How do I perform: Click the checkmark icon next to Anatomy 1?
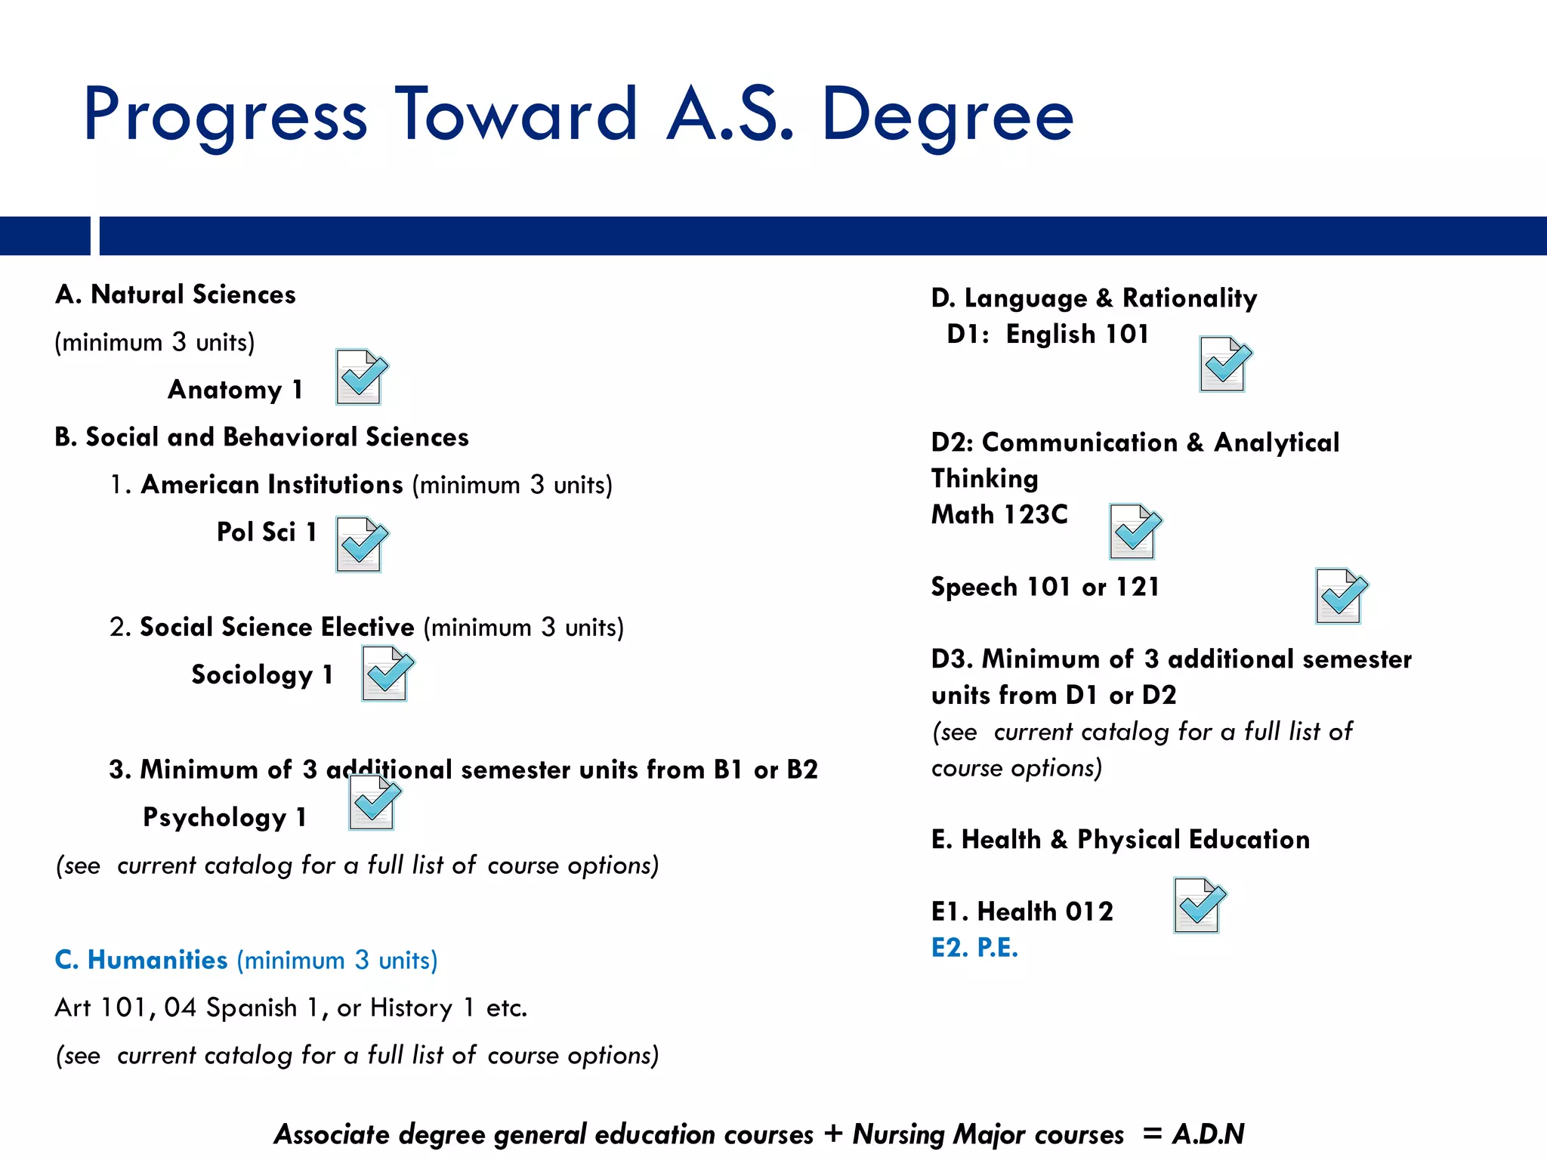coord(362,376)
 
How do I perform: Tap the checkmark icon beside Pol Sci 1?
coord(362,544)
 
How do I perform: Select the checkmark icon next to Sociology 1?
coord(388,673)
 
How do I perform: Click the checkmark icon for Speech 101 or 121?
coord(1342,596)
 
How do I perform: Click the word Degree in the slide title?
coord(947,116)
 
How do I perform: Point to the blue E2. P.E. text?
coord(974,947)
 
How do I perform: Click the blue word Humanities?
coord(157,959)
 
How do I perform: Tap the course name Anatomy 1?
coord(235,390)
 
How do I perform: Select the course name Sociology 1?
coord(262,674)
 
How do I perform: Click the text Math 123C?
coord(999,514)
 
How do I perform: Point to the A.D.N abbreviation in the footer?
coord(1208,1134)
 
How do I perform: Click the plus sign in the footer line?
coord(832,1134)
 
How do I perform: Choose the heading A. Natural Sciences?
coord(175,295)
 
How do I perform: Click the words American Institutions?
coord(272,484)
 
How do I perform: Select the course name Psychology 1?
coord(224,817)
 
